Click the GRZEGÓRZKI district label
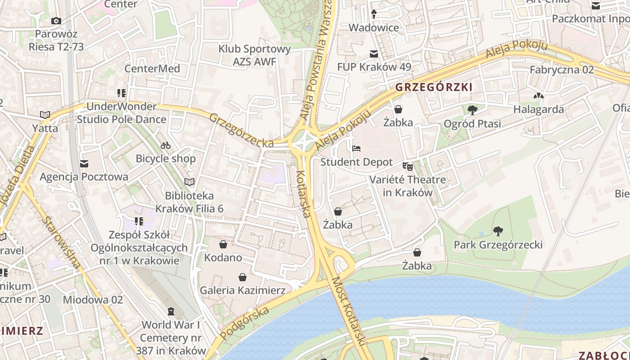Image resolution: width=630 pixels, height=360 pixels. click(x=434, y=87)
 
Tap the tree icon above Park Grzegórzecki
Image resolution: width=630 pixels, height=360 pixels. click(x=498, y=231)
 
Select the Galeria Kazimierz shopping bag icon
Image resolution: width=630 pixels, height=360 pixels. click(x=243, y=277)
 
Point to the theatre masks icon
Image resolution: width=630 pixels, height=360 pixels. click(x=408, y=166)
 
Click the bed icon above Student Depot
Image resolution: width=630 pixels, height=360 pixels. click(x=356, y=148)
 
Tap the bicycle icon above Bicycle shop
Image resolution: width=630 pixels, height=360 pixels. click(x=166, y=145)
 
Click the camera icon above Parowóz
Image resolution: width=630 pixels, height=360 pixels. click(x=56, y=21)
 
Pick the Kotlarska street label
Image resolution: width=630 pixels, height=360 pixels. click(x=304, y=193)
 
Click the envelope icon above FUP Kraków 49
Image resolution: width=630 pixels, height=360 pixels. click(x=374, y=54)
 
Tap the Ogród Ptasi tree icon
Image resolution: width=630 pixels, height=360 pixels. click(x=472, y=110)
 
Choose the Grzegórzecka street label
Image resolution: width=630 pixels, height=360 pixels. click(x=242, y=130)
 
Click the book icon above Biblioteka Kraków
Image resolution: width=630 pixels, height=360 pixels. click(x=189, y=182)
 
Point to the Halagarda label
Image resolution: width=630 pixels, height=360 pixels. click(x=539, y=109)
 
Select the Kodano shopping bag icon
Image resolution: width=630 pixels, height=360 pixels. click(x=223, y=244)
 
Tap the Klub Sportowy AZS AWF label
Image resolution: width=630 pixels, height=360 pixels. click(x=255, y=55)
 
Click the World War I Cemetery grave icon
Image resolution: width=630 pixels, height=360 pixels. click(x=171, y=311)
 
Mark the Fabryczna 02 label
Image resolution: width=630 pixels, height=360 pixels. click(x=562, y=70)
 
